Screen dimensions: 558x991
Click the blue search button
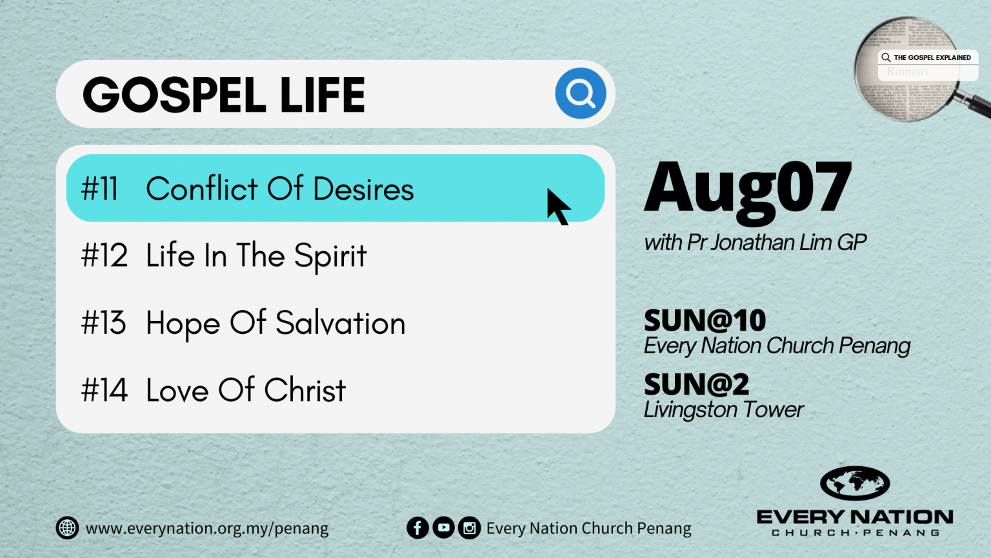tap(580, 94)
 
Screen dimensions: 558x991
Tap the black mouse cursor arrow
tap(557, 207)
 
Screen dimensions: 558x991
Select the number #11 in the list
tap(99, 189)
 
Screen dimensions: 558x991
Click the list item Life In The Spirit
tap(255, 256)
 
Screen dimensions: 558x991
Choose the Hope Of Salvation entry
tap(275, 323)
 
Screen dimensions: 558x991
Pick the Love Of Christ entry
tap(245, 390)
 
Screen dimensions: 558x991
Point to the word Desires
tap(363, 189)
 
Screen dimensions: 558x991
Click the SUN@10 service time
tap(705, 320)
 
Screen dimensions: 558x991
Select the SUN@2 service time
tap(696, 385)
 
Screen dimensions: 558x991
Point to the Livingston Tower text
tap(723, 409)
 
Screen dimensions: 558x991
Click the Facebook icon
tap(417, 528)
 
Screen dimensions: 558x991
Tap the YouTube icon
tap(443, 528)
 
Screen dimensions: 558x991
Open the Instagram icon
tap(469, 528)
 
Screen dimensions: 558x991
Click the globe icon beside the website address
tap(67, 528)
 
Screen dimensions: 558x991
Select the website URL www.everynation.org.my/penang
tap(206, 528)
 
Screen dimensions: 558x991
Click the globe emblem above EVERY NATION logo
tap(855, 483)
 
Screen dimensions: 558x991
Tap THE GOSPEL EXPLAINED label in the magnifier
tap(932, 57)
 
